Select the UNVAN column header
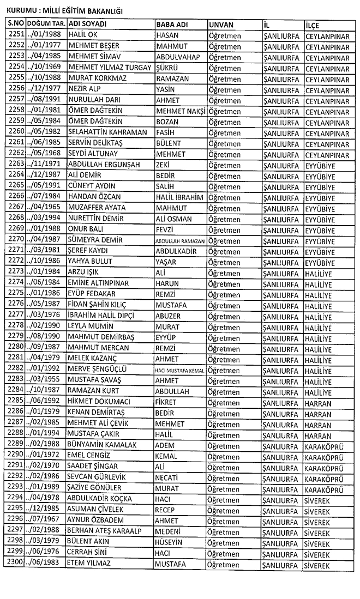(221, 25)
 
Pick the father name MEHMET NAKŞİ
(180, 111)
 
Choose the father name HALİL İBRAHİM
(179, 196)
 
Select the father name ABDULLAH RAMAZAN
(180, 240)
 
